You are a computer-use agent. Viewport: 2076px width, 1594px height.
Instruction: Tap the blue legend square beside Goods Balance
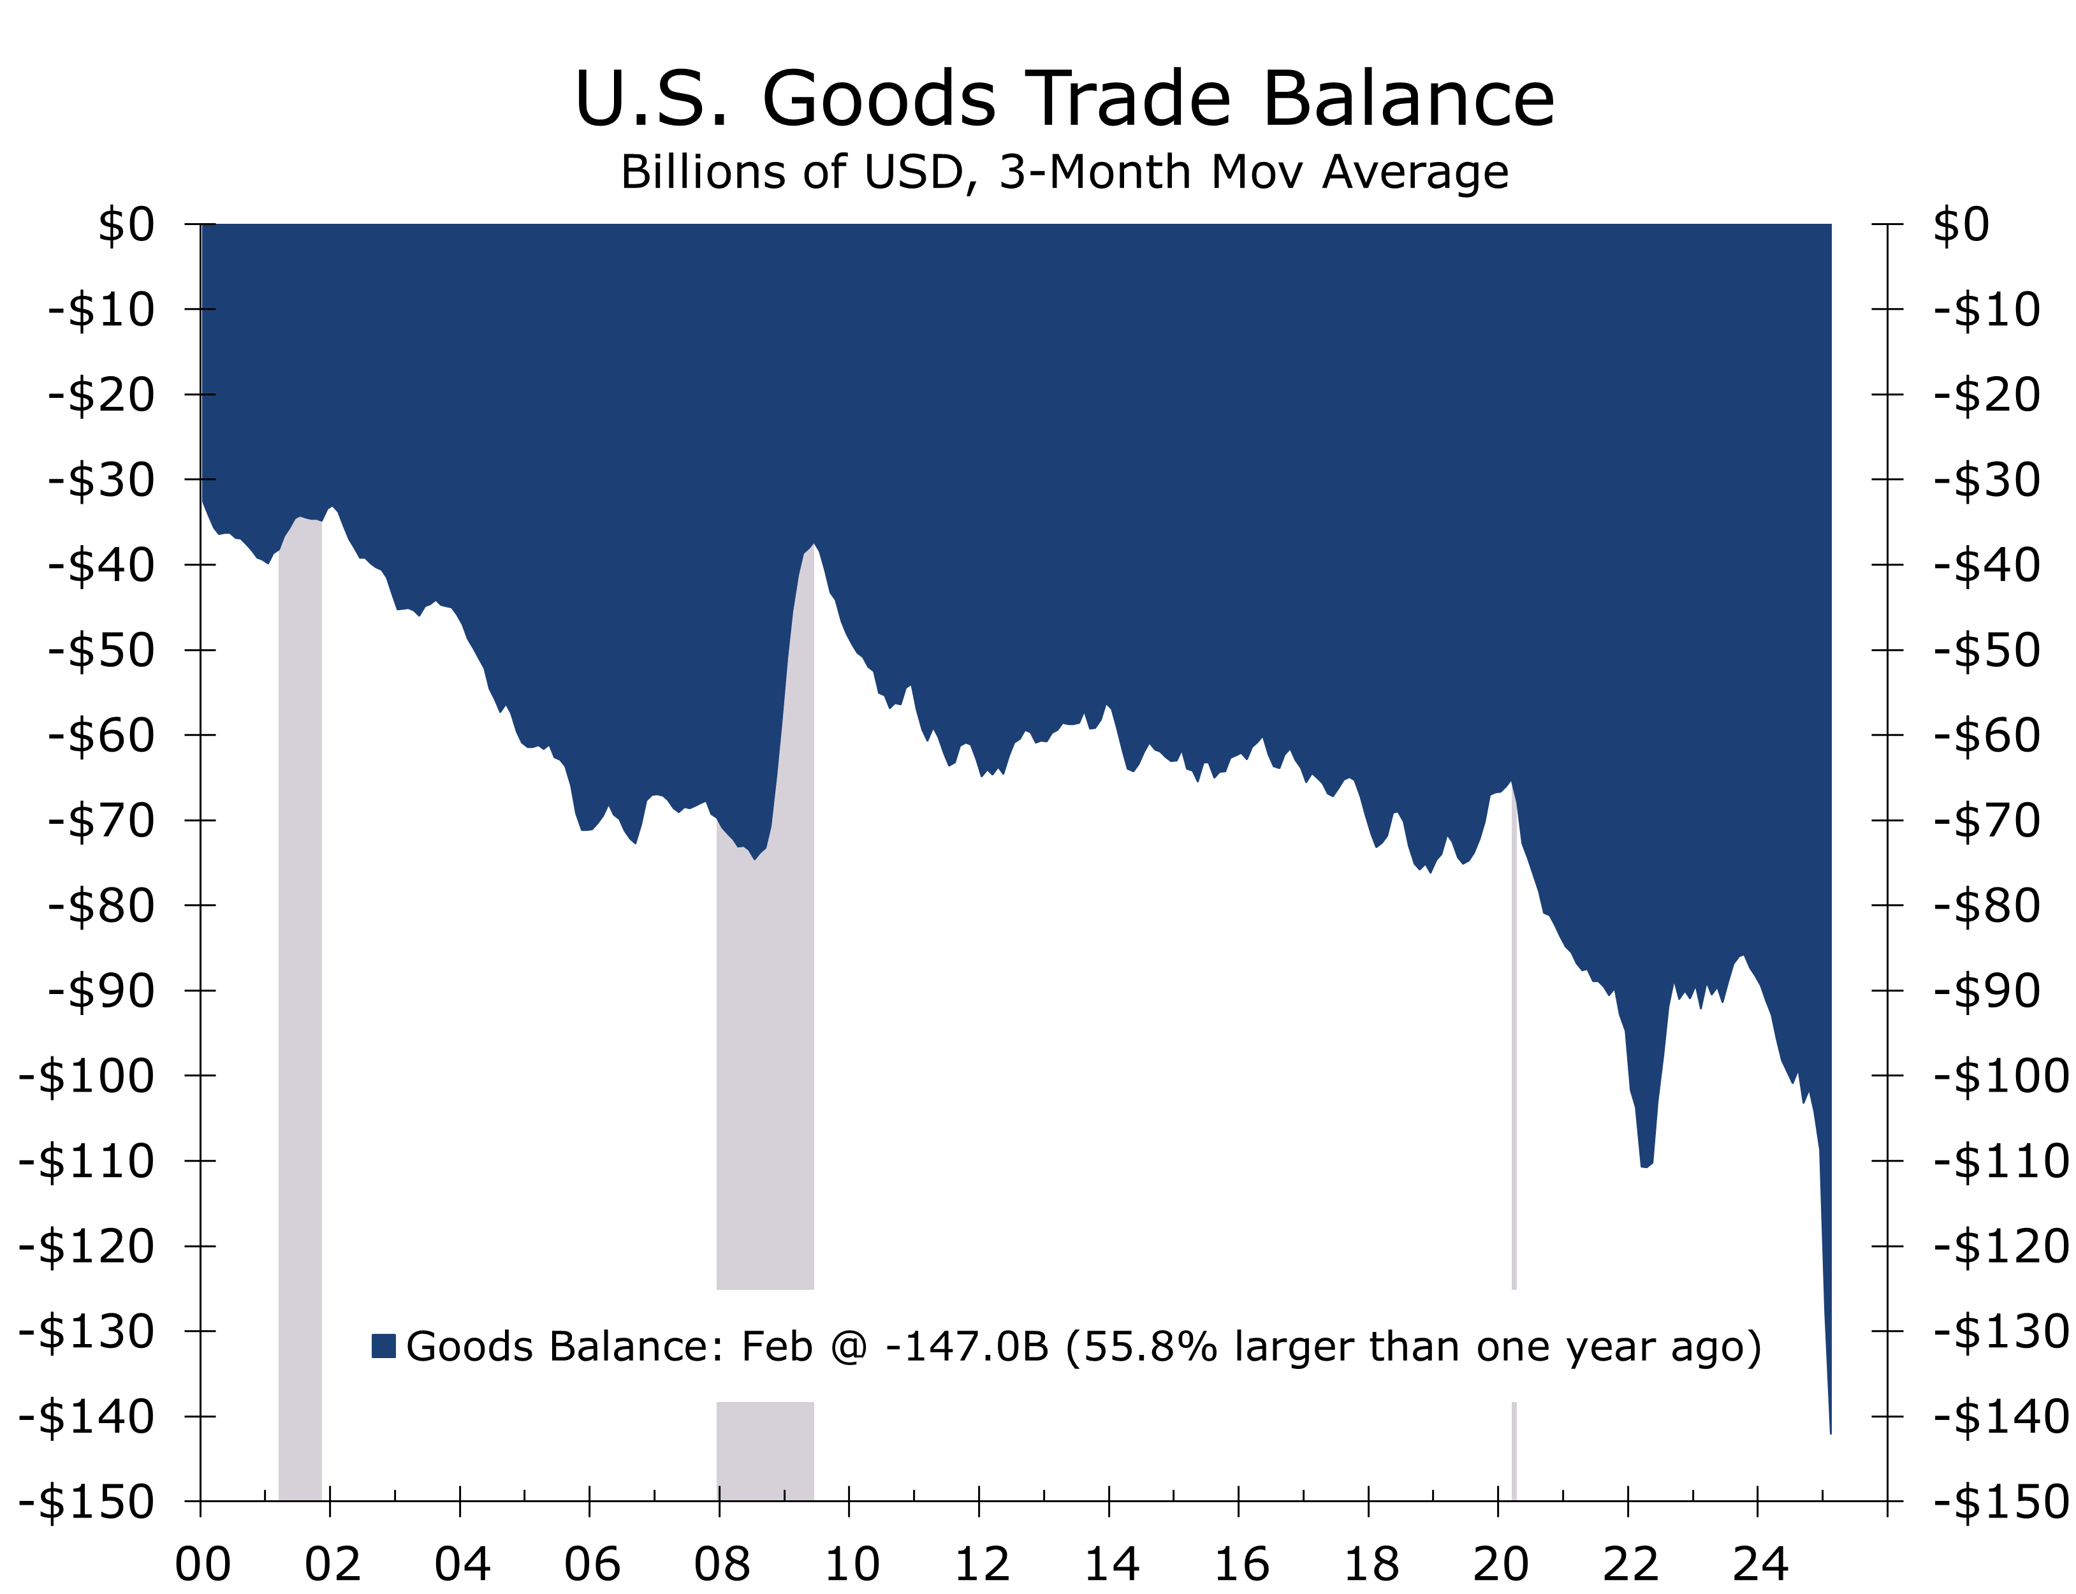pyautogui.click(x=383, y=1345)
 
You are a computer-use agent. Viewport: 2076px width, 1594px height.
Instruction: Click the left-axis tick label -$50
pyautogui.click(x=101, y=650)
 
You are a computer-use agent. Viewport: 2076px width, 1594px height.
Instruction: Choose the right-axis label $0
pyautogui.click(x=1961, y=225)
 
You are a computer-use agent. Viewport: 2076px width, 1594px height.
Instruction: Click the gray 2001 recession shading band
pyautogui.click(x=300, y=1044)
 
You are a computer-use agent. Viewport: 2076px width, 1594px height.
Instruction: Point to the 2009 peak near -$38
pyautogui.click(x=813, y=546)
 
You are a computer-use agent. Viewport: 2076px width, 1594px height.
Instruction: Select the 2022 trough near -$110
pyautogui.click(x=1644, y=1166)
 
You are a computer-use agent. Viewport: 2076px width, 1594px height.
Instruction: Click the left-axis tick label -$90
pyautogui.click(x=101, y=991)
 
